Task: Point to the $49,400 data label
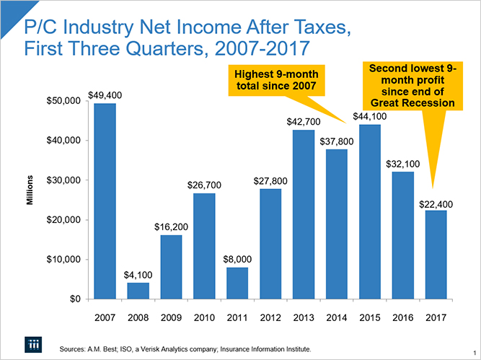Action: [105, 95]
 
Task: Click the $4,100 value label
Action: [138, 275]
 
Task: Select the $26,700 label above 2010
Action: [204, 185]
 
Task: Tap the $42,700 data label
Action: [303, 122]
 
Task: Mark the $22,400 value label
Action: [436, 204]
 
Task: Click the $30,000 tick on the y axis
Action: [61, 180]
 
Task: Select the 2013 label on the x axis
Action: [303, 316]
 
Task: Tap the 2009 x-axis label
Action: [171, 316]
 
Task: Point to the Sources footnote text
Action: [186, 349]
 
